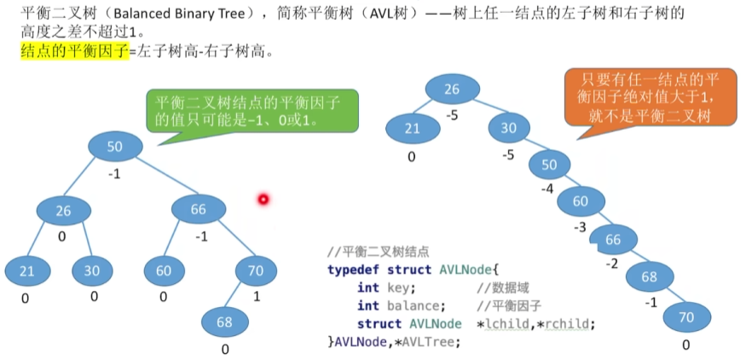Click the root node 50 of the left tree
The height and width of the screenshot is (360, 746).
click(x=114, y=146)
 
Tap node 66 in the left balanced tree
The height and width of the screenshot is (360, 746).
click(x=198, y=210)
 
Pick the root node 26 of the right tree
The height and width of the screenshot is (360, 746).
click(x=452, y=89)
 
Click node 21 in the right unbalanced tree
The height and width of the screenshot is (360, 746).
click(x=411, y=128)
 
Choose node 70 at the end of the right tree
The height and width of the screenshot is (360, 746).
click(x=686, y=317)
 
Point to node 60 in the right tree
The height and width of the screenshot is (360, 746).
click(x=580, y=201)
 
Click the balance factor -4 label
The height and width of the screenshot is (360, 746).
click(x=548, y=188)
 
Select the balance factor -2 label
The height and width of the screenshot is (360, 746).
click(x=611, y=264)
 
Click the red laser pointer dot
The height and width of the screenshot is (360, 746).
click(x=263, y=200)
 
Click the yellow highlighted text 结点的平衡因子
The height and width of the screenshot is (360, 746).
click(x=73, y=51)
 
